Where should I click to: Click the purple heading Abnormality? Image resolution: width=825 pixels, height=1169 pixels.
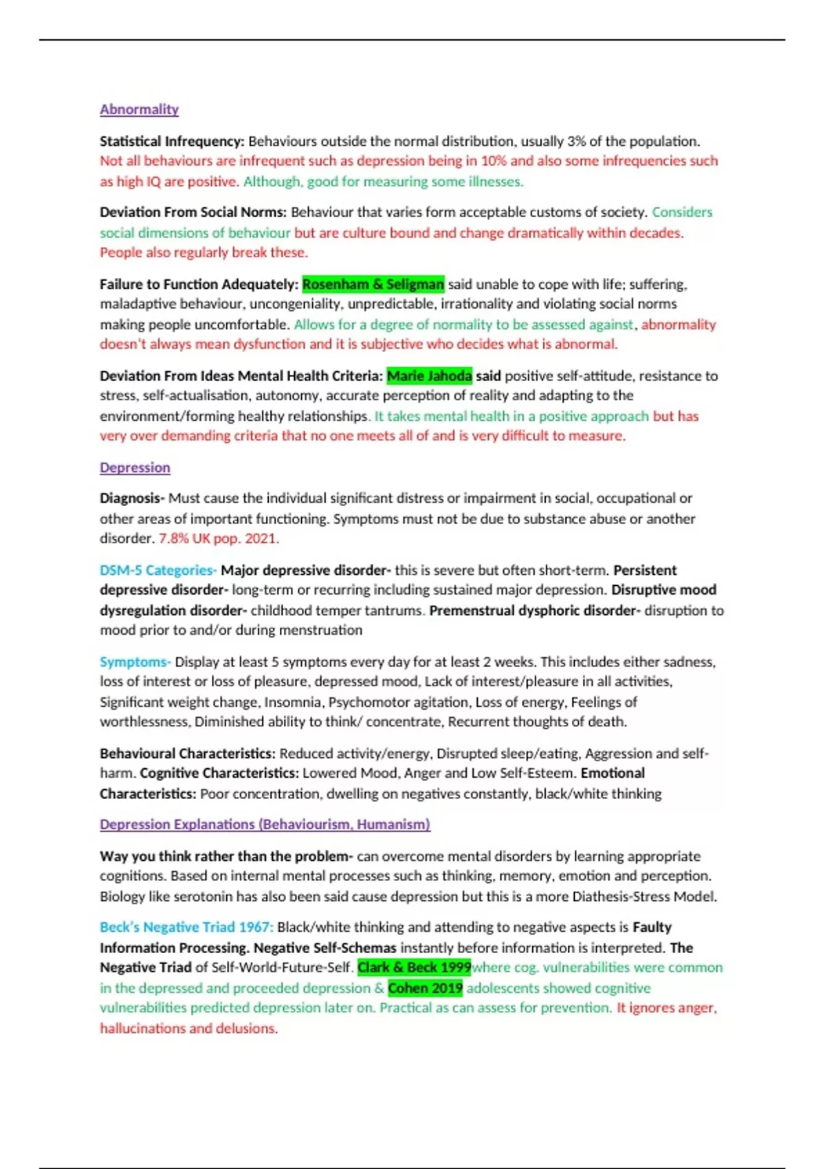pyautogui.click(x=139, y=109)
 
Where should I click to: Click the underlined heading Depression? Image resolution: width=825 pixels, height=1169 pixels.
pyautogui.click(x=135, y=468)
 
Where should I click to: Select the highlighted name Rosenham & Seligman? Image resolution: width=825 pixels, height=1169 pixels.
pyautogui.click(x=373, y=284)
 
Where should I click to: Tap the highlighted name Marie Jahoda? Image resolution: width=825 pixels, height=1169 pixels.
pyautogui.click(x=429, y=375)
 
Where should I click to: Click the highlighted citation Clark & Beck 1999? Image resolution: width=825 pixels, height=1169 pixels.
pyautogui.click(x=414, y=968)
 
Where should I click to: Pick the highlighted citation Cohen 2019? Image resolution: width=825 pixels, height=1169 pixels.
pyautogui.click(x=425, y=988)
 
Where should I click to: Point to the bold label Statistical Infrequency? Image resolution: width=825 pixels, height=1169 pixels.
pyautogui.click(x=172, y=142)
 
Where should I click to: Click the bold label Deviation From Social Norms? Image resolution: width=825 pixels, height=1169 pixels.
pyautogui.click(x=192, y=212)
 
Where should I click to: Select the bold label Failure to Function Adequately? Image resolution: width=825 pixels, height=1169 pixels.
pyautogui.click(x=199, y=284)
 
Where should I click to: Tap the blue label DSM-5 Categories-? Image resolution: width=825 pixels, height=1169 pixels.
pyautogui.click(x=158, y=570)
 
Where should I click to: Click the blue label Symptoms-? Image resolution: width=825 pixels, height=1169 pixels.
pyautogui.click(x=135, y=662)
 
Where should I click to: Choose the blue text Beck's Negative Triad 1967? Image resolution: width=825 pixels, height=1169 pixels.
pyautogui.click(x=186, y=927)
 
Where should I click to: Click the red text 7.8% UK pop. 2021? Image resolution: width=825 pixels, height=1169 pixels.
pyautogui.click(x=219, y=538)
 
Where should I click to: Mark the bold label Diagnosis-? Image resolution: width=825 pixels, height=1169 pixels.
pyautogui.click(x=132, y=498)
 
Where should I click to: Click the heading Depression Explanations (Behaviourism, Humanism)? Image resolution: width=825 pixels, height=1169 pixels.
pyautogui.click(x=265, y=824)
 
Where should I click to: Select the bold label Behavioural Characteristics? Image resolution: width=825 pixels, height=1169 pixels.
pyautogui.click(x=187, y=753)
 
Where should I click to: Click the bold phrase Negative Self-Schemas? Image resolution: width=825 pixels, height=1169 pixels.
pyautogui.click(x=324, y=948)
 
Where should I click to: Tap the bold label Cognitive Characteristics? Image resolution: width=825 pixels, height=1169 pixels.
pyautogui.click(x=219, y=773)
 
